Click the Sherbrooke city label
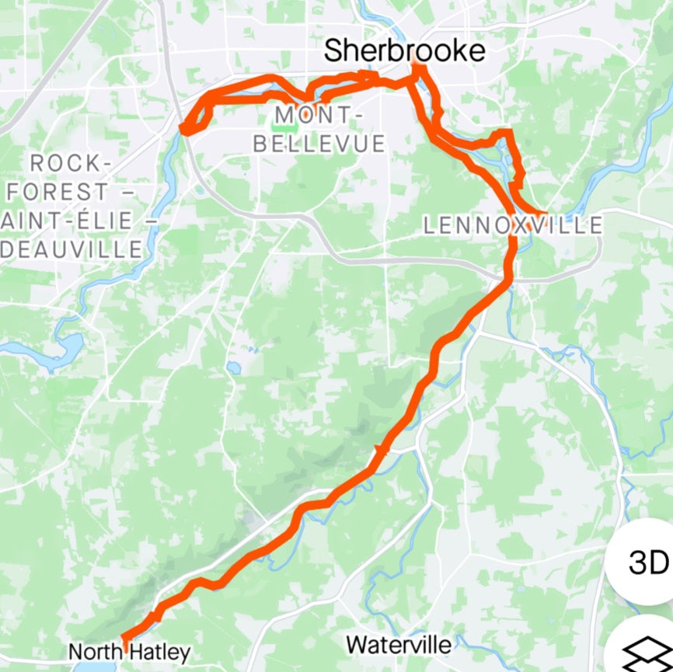click(x=404, y=51)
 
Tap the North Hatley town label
click(x=129, y=652)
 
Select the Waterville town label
click(x=399, y=644)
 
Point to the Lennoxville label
click(x=513, y=225)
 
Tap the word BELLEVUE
click(x=319, y=144)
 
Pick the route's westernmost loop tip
click(x=184, y=128)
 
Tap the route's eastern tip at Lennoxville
click(x=546, y=212)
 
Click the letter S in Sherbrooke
click(x=334, y=51)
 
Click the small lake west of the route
click(x=234, y=367)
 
